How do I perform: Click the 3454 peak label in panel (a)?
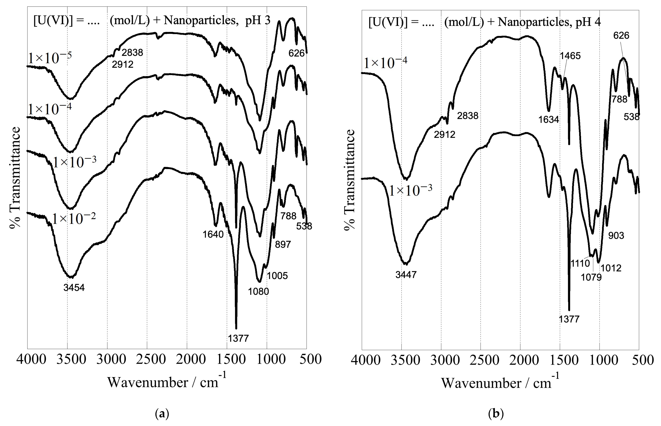click(x=74, y=288)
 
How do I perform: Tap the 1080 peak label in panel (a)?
click(x=258, y=292)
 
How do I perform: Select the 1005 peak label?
click(x=277, y=276)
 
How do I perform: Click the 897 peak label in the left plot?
click(x=283, y=244)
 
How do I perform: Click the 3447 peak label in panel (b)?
click(x=406, y=275)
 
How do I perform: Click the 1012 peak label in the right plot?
click(x=611, y=268)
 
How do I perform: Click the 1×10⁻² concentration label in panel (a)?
click(x=74, y=219)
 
